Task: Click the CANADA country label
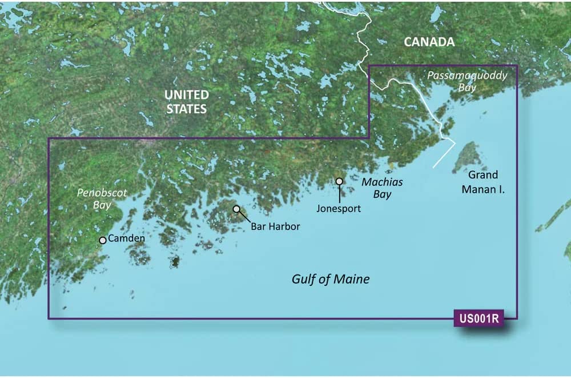pos(429,42)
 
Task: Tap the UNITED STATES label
pos(187,101)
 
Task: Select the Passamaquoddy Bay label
pos(467,82)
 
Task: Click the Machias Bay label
pos(382,188)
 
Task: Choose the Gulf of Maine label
pos(331,279)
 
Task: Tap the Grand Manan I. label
pos(482,181)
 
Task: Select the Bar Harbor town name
pos(275,226)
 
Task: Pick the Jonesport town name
pos(339,209)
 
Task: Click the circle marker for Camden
pos(103,240)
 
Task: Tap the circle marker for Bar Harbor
pos(236,209)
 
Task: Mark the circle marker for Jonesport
pos(339,181)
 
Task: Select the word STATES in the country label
pos(187,108)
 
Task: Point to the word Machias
pos(382,182)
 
